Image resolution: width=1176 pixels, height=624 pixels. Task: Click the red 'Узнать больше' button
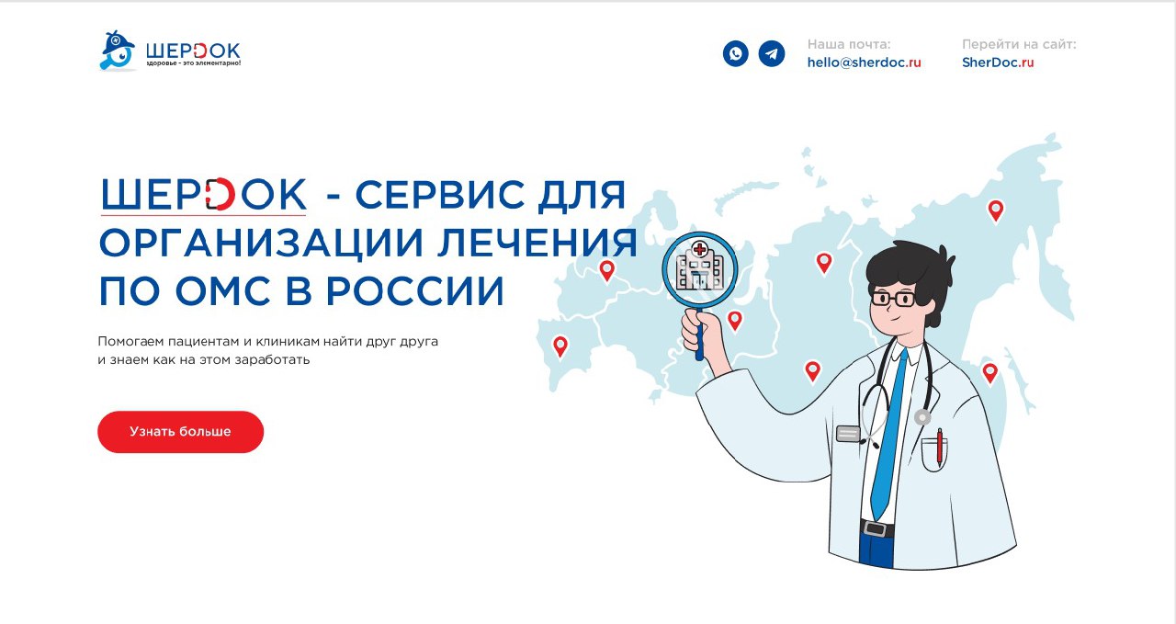pyautogui.click(x=180, y=432)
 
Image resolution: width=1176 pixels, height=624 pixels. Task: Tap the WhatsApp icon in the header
pyautogui.click(x=736, y=53)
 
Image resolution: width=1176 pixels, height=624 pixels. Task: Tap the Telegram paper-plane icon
pyautogui.click(x=771, y=53)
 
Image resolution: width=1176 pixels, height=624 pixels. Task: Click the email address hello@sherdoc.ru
pyautogui.click(x=864, y=62)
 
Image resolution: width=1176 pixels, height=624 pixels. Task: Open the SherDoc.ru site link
pyautogui.click(x=998, y=62)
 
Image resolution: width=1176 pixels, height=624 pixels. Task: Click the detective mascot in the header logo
pyautogui.click(x=118, y=51)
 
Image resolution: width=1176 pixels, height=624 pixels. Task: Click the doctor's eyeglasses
pyautogui.click(x=893, y=300)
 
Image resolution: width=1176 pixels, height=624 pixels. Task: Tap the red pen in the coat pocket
pyautogui.click(x=939, y=448)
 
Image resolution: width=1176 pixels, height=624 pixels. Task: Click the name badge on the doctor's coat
pyautogui.click(x=848, y=434)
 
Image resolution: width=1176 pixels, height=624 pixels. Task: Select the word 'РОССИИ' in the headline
pyautogui.click(x=415, y=291)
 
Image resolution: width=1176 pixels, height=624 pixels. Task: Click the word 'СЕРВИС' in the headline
pyautogui.click(x=440, y=195)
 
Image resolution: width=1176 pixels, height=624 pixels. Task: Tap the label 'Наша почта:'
pyautogui.click(x=849, y=45)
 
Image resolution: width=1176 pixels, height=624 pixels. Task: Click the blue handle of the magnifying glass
pyautogui.click(x=700, y=335)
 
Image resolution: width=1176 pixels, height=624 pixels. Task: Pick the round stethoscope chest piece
pyautogui.click(x=922, y=417)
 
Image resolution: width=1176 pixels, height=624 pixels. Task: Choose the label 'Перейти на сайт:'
pyautogui.click(x=1019, y=45)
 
